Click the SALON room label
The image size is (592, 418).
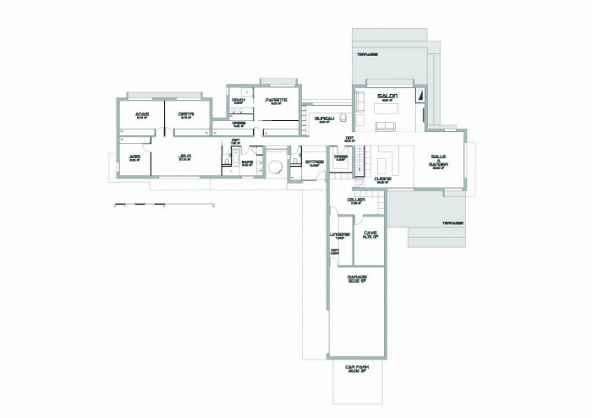point(387,96)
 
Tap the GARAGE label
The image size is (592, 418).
point(356,278)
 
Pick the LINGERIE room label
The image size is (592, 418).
point(338,235)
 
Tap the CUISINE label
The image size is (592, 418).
point(382,179)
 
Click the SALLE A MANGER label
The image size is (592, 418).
point(438,162)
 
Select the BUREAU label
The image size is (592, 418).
point(325,118)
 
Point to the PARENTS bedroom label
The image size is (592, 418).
point(276,101)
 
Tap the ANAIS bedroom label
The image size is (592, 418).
point(142,116)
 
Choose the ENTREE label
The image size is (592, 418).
point(314,161)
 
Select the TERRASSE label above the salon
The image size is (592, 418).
point(367,53)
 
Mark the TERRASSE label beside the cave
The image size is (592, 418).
point(452,223)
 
